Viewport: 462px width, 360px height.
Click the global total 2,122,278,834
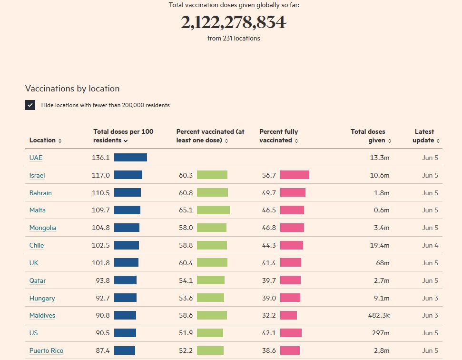tap(233, 22)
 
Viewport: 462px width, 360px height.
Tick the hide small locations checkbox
tap(30, 105)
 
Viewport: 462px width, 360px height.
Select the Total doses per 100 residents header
tap(123, 136)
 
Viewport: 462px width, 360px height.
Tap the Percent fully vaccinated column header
tap(278, 136)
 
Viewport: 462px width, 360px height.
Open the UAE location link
tap(36, 158)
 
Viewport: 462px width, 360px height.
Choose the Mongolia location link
tap(43, 228)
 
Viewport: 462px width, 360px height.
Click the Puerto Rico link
tap(46, 350)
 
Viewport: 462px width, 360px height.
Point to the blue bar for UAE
tap(130, 158)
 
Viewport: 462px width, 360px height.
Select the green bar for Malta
tap(213, 210)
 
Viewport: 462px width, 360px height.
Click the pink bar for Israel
tap(295, 175)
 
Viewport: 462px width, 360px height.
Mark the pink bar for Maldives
tap(288, 315)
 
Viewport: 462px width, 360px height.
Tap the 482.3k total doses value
tap(379, 315)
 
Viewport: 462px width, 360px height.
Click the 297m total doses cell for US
tap(381, 333)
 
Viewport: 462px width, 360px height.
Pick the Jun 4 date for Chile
tap(430, 245)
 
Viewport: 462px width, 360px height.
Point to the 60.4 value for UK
tap(186, 263)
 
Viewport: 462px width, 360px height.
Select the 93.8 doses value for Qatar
tap(102, 280)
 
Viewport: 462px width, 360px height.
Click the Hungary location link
tap(42, 298)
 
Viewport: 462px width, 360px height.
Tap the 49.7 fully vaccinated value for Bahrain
tap(269, 193)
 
